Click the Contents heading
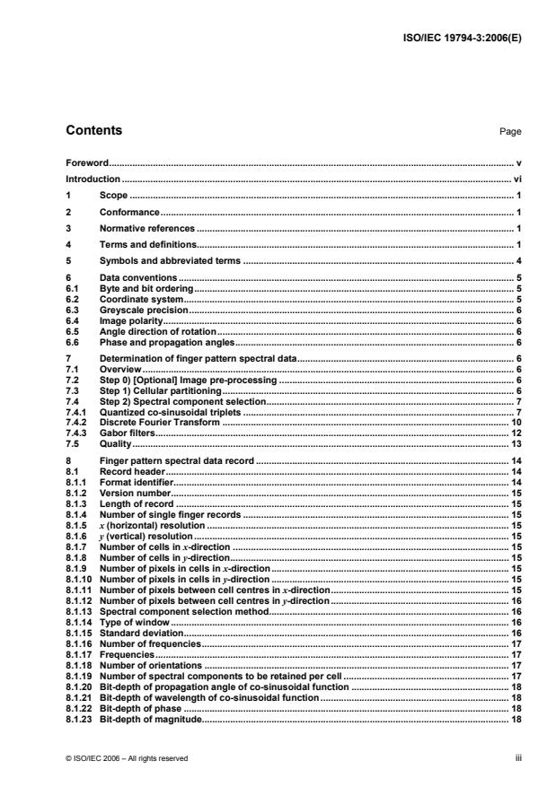point(94,131)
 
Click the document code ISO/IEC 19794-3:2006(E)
point(460,38)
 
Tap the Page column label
point(510,132)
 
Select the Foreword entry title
point(87,163)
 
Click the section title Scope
point(113,195)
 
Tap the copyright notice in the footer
point(127,758)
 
